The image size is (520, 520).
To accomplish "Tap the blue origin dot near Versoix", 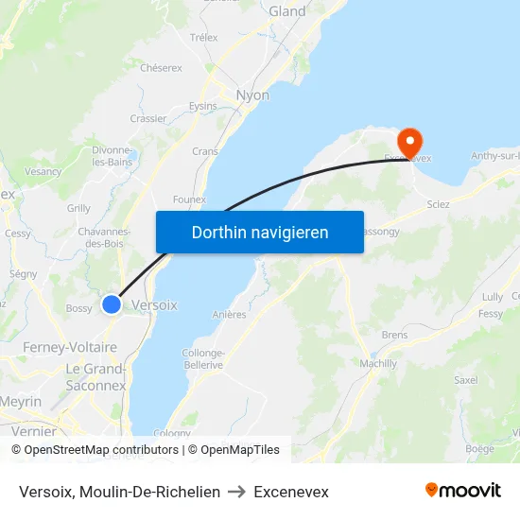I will click(x=112, y=304).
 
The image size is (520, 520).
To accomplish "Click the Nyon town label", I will click(x=252, y=95).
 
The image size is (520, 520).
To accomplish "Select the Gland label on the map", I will click(x=287, y=11).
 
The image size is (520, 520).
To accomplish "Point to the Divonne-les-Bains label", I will click(x=112, y=156).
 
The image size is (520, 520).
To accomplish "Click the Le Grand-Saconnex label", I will click(x=95, y=376).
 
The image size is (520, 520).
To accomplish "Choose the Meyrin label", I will click(x=20, y=402).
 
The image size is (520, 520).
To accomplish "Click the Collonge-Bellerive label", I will click(x=202, y=358).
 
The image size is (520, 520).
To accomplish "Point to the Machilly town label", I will click(x=378, y=363).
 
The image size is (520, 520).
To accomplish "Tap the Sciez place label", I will click(x=438, y=203).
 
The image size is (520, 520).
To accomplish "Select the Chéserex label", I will click(x=161, y=68).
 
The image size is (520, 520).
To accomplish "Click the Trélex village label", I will click(x=203, y=38).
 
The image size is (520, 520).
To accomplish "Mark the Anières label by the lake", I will click(x=230, y=315).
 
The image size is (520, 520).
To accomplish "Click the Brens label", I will click(x=394, y=335).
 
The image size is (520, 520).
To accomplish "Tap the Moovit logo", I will click(x=463, y=491).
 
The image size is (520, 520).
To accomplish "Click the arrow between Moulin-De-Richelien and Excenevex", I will click(x=237, y=492).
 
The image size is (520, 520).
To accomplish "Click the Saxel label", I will click(x=465, y=380).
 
